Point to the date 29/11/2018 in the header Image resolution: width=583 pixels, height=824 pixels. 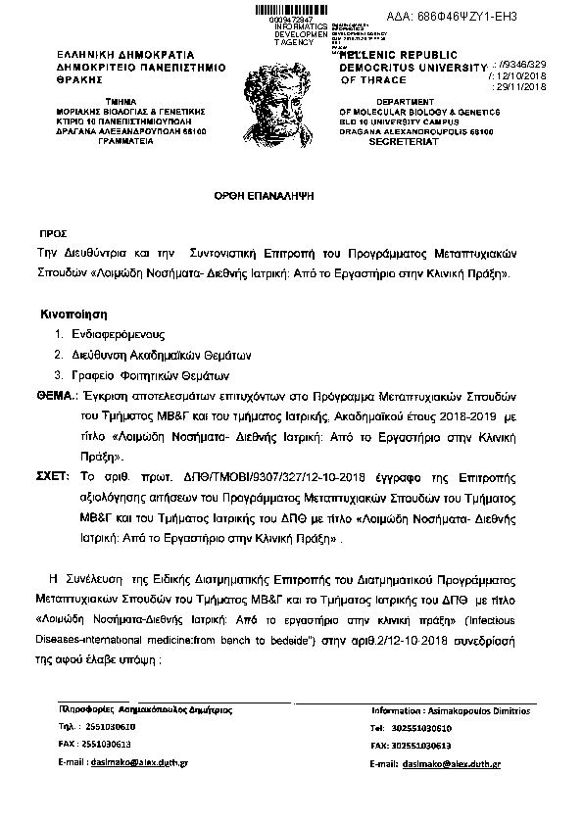pyautogui.click(x=526, y=87)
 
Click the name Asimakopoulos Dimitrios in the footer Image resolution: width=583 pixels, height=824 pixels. pyautogui.click(x=474, y=708)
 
